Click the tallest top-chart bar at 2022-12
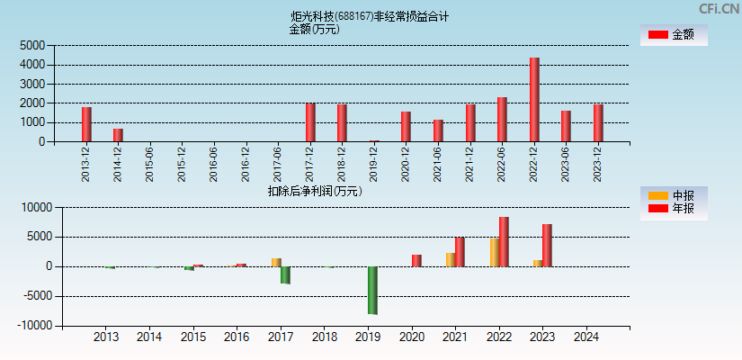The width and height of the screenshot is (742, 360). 534,100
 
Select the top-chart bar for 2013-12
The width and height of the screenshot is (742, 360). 86,124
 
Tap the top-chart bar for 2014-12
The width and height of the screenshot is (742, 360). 118,135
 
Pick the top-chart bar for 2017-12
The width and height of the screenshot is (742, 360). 310,122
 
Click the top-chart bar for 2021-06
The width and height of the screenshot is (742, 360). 438,130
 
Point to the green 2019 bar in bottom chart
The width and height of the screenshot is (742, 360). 372,290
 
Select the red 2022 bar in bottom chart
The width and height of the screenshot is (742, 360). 504,241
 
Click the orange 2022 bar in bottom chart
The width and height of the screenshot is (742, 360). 494,252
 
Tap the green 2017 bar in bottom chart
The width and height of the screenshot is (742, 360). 286,274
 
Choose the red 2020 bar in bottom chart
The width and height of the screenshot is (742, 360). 416,260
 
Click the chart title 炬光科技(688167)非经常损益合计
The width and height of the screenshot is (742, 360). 371,16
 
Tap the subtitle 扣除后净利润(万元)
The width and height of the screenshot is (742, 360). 314,191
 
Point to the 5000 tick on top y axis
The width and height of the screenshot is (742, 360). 32,46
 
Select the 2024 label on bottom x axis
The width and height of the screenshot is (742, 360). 586,337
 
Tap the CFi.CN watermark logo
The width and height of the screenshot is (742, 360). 716,9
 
